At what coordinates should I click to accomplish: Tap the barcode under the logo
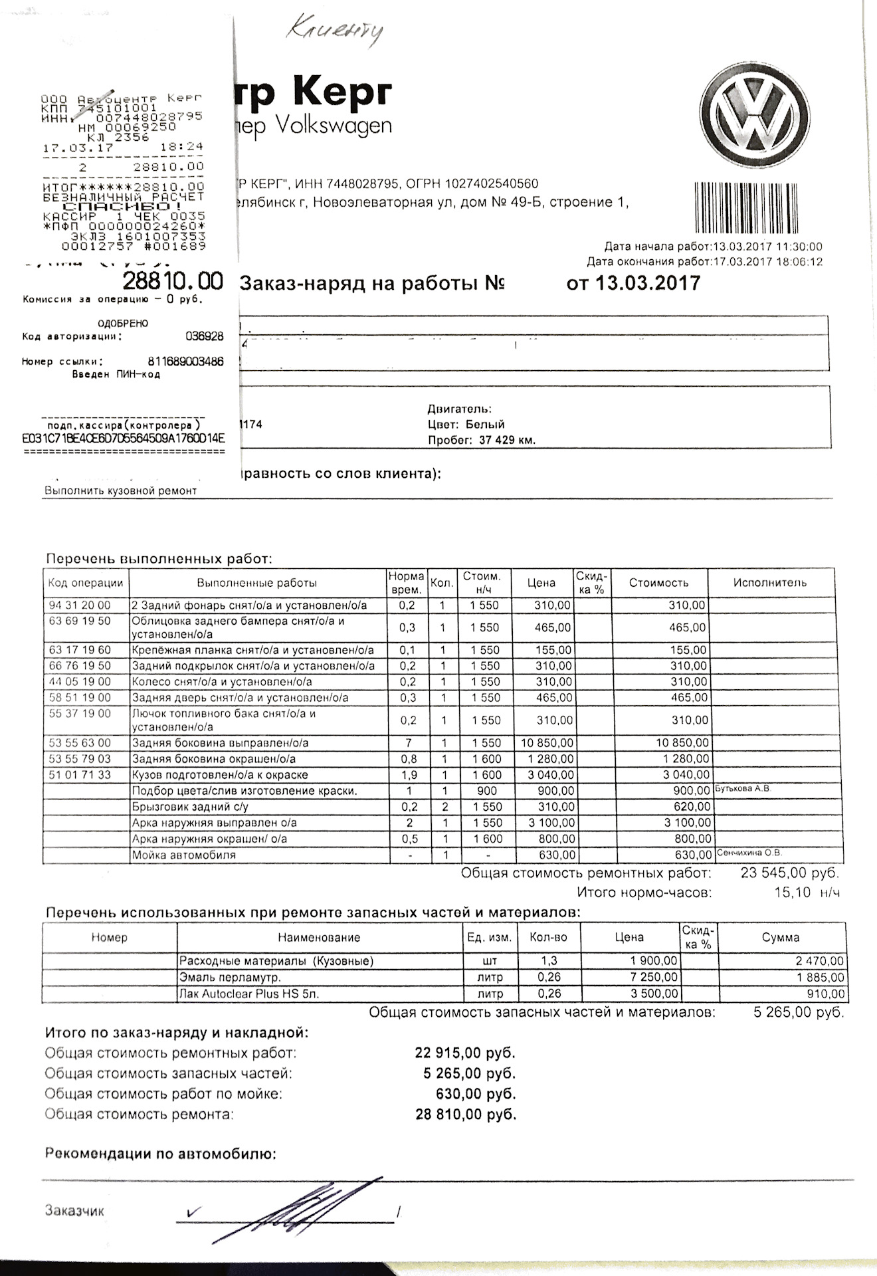point(757,208)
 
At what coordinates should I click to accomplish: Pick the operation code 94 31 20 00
point(80,605)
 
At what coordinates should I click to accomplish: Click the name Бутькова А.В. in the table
point(743,789)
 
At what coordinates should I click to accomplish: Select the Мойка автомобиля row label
point(184,855)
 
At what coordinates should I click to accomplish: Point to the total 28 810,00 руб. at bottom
point(466,1115)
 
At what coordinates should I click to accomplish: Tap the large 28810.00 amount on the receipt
point(173,281)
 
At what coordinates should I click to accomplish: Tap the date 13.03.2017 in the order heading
point(647,283)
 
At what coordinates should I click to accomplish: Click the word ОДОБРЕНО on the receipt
point(123,324)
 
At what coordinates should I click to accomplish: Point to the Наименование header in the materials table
point(319,938)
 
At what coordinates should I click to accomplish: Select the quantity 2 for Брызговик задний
point(444,807)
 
